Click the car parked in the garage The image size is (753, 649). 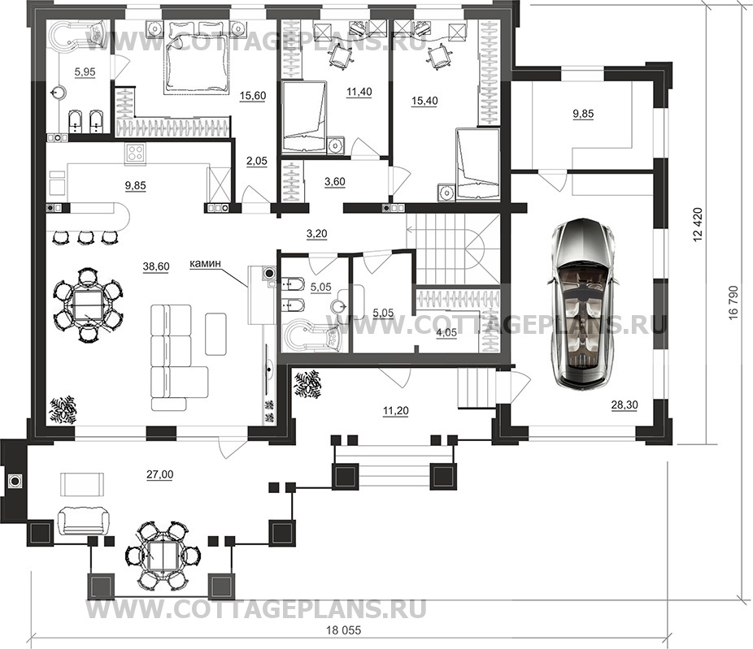(x=581, y=302)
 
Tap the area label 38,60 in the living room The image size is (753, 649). (x=156, y=266)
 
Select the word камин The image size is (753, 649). (x=205, y=263)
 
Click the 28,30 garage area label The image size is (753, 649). (x=625, y=405)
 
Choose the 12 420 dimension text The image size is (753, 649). (x=698, y=224)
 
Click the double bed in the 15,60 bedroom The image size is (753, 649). (x=197, y=58)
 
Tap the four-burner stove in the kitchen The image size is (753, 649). (x=136, y=153)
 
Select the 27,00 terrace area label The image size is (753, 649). (x=160, y=474)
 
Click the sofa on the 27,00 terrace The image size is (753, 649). (x=83, y=521)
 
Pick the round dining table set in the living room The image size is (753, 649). (x=87, y=305)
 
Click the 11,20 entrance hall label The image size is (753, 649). (x=396, y=411)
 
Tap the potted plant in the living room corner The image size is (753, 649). (x=63, y=409)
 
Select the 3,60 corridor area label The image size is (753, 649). (x=335, y=182)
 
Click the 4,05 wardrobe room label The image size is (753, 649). (x=446, y=332)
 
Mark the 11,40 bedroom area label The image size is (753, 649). (x=359, y=91)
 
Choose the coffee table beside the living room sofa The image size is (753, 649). (x=216, y=334)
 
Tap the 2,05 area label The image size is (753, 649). (x=256, y=161)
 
